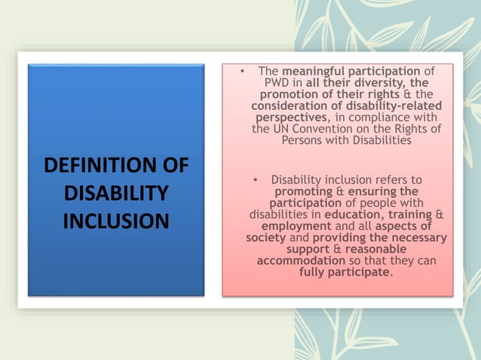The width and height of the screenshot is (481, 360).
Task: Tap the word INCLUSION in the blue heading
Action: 116,221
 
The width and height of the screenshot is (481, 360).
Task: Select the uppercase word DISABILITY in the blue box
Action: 116,194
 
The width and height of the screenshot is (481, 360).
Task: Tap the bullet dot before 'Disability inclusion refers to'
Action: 256,181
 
